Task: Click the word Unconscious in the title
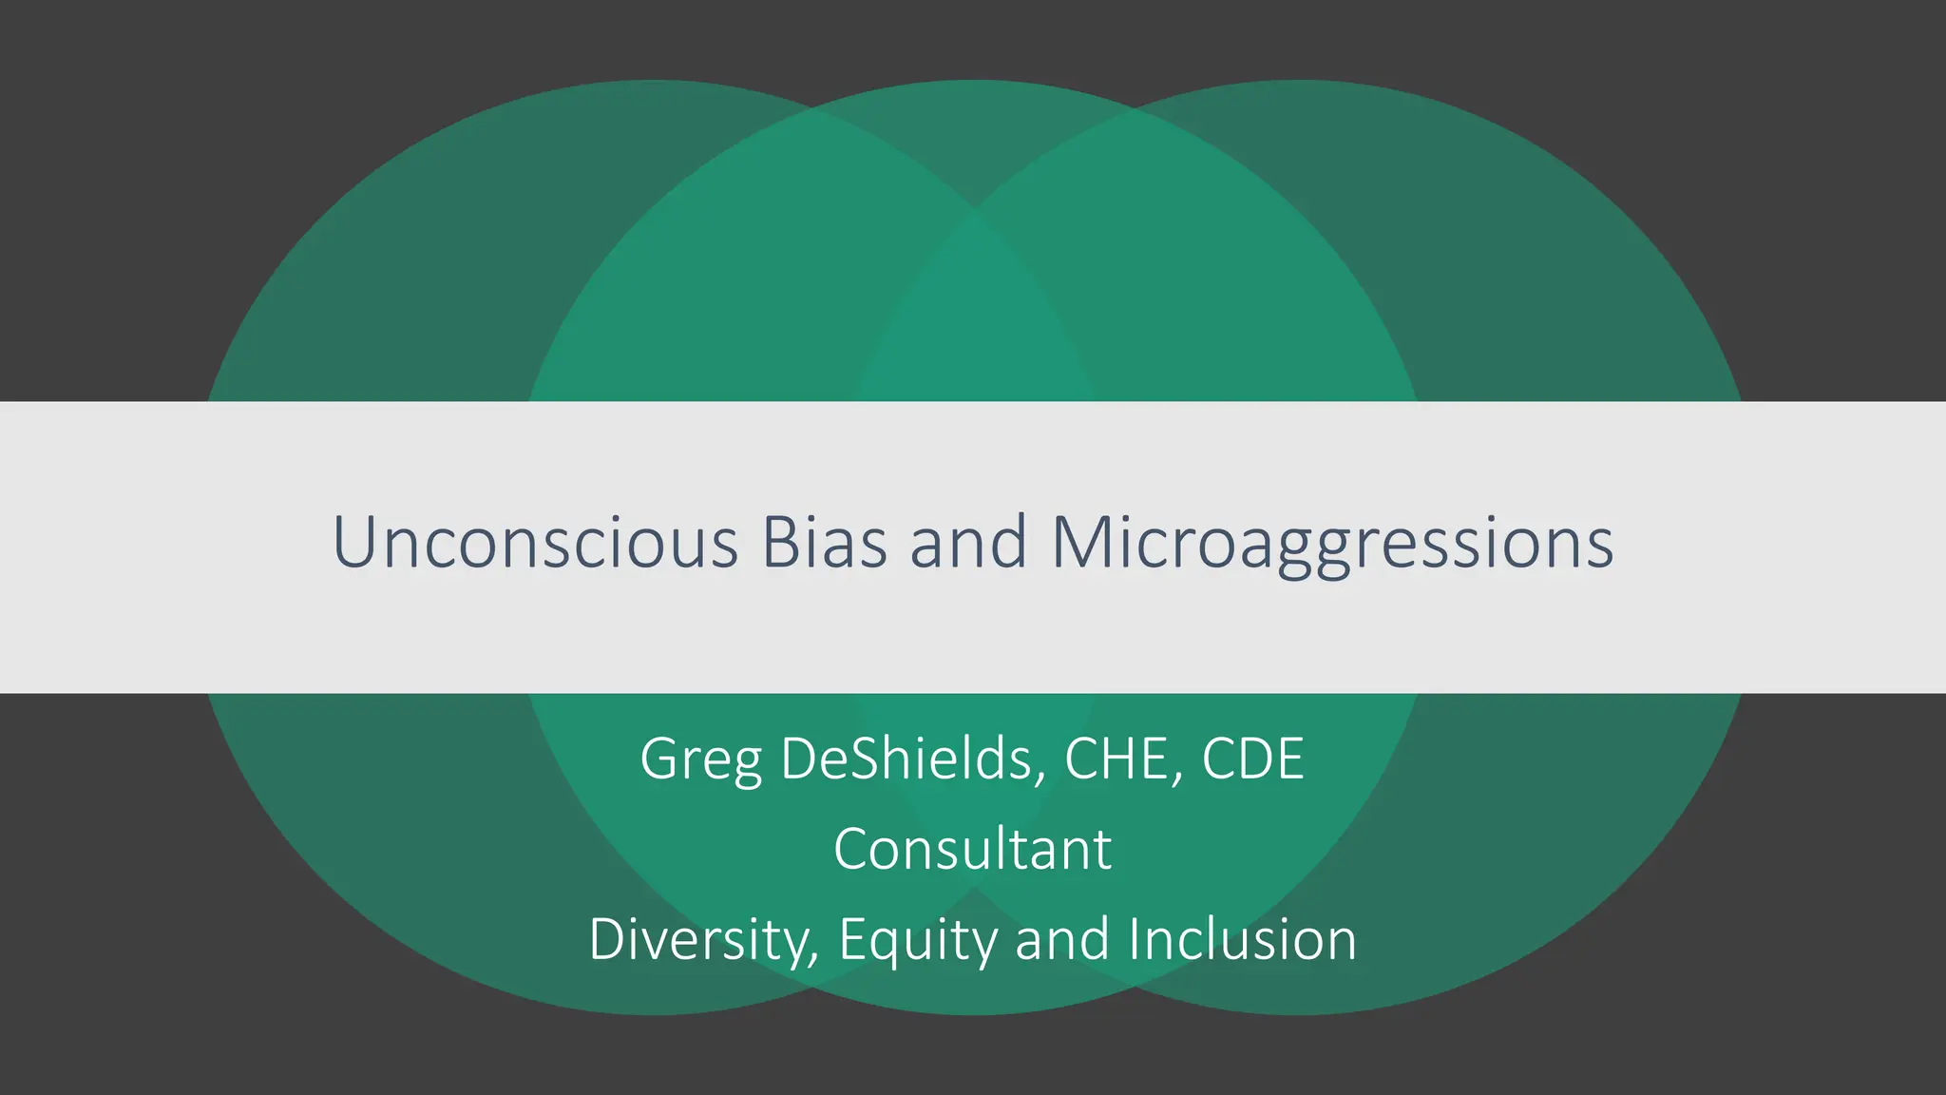[x=535, y=543]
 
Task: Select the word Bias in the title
[x=824, y=543]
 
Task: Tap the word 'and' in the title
[x=968, y=543]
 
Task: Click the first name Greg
[x=700, y=759]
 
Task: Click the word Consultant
[x=972, y=849]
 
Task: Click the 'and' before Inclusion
[x=1061, y=939]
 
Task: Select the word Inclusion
[x=1243, y=939]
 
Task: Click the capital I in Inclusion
[x=1135, y=939]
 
